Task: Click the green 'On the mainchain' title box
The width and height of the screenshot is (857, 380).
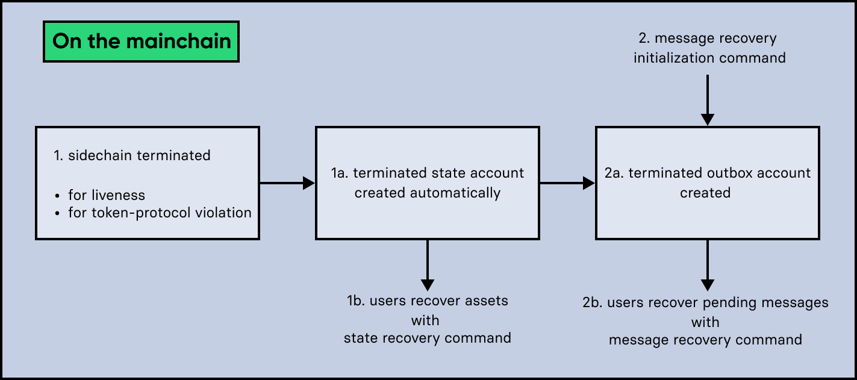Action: click(x=141, y=41)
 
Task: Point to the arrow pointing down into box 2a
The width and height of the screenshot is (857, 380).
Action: click(x=708, y=100)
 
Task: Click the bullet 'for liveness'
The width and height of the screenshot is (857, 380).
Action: click(x=106, y=195)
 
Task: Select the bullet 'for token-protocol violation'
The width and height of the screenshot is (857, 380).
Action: click(x=160, y=213)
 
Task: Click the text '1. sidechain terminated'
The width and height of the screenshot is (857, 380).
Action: click(x=132, y=155)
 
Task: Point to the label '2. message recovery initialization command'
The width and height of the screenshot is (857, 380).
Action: click(x=709, y=48)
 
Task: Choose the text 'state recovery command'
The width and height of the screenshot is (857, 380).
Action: click(x=427, y=338)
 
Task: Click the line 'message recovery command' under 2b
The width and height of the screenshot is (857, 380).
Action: click(x=705, y=340)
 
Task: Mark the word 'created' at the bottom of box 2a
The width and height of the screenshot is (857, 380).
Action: click(x=705, y=193)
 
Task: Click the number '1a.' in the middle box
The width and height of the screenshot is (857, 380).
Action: click(x=340, y=173)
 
